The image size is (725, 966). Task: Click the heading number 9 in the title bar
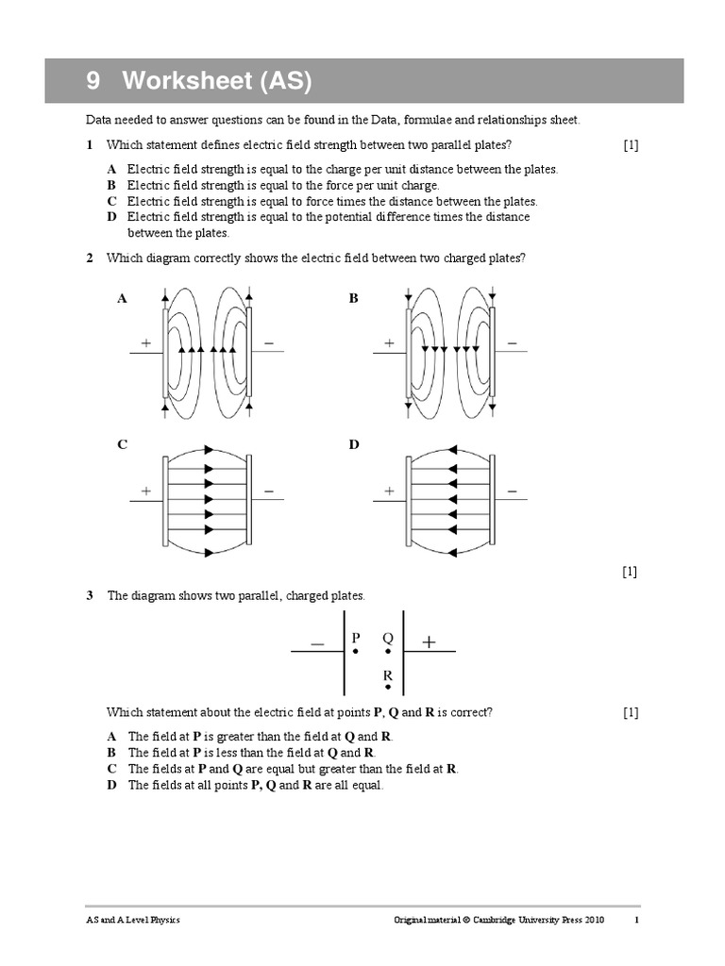click(93, 83)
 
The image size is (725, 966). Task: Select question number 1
click(90, 144)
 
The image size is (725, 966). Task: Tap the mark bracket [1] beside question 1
click(631, 144)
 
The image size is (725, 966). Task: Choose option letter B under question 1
click(111, 186)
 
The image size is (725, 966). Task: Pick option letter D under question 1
click(111, 217)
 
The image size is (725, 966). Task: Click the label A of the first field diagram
click(122, 298)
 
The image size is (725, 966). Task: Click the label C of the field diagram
click(122, 444)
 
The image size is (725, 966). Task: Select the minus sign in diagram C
click(269, 491)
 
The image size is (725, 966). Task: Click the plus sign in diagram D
click(389, 491)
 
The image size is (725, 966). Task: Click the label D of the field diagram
click(355, 444)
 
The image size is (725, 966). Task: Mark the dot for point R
click(387, 690)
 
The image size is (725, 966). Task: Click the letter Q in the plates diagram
click(387, 639)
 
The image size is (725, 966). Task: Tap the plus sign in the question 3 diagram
click(430, 642)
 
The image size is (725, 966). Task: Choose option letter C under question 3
click(111, 769)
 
